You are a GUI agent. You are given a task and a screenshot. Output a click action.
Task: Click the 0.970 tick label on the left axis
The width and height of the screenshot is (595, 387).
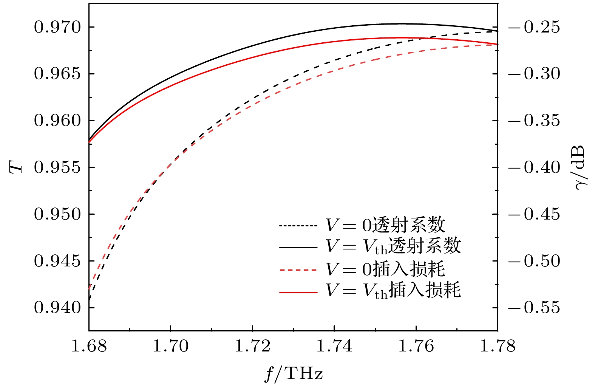pyautogui.click(x=57, y=28)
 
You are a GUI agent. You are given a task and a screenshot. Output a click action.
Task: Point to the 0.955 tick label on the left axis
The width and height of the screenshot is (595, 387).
pyautogui.click(x=57, y=167)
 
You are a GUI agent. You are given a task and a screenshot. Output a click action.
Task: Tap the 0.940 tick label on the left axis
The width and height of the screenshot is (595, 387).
pyautogui.click(x=57, y=308)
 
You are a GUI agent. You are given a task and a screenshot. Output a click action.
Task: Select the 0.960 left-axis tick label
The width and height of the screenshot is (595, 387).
pyautogui.click(x=57, y=121)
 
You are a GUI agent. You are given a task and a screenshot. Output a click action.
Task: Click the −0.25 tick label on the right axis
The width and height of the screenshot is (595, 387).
pyautogui.click(x=534, y=28)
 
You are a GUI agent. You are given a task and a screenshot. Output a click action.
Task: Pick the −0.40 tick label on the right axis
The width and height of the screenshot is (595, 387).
pyautogui.click(x=534, y=167)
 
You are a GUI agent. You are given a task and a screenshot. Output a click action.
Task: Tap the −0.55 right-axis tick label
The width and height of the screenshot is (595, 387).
pyautogui.click(x=534, y=308)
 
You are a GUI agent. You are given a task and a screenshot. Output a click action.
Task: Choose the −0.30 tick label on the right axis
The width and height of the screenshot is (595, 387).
pyautogui.click(x=534, y=74)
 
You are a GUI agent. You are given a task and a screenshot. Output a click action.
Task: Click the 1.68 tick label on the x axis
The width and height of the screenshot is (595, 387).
pyautogui.click(x=89, y=346)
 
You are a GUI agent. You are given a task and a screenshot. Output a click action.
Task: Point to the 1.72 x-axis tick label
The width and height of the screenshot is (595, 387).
pyautogui.click(x=252, y=346)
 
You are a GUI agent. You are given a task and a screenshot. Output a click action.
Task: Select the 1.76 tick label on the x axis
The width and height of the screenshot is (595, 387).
pyautogui.click(x=416, y=346)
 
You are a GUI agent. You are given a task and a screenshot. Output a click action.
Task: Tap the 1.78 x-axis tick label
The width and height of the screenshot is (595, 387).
pyautogui.click(x=498, y=346)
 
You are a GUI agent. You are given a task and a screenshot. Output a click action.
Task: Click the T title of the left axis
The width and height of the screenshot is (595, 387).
pyautogui.click(x=16, y=167)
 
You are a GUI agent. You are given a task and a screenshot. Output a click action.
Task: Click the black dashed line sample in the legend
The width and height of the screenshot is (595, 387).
pyautogui.click(x=298, y=226)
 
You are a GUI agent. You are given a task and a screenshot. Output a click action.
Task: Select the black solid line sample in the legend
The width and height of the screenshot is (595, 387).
pyautogui.click(x=298, y=248)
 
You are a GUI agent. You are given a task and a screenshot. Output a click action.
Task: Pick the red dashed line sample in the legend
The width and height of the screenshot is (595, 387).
pyautogui.click(x=298, y=270)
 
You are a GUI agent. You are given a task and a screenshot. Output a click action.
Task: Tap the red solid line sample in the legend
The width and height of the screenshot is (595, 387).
pyautogui.click(x=298, y=292)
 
